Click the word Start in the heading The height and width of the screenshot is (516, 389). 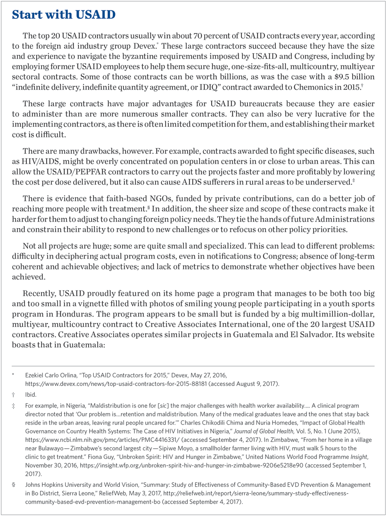tap(29, 15)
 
